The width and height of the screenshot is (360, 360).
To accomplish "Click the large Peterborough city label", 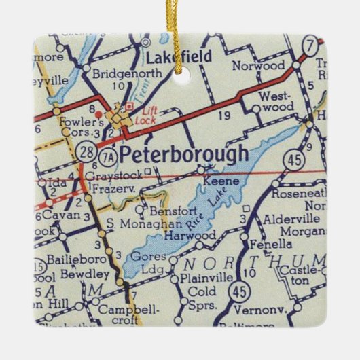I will (183, 154).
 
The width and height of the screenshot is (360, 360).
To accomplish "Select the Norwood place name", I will (258, 66).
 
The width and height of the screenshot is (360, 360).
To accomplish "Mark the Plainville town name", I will (203, 278).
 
